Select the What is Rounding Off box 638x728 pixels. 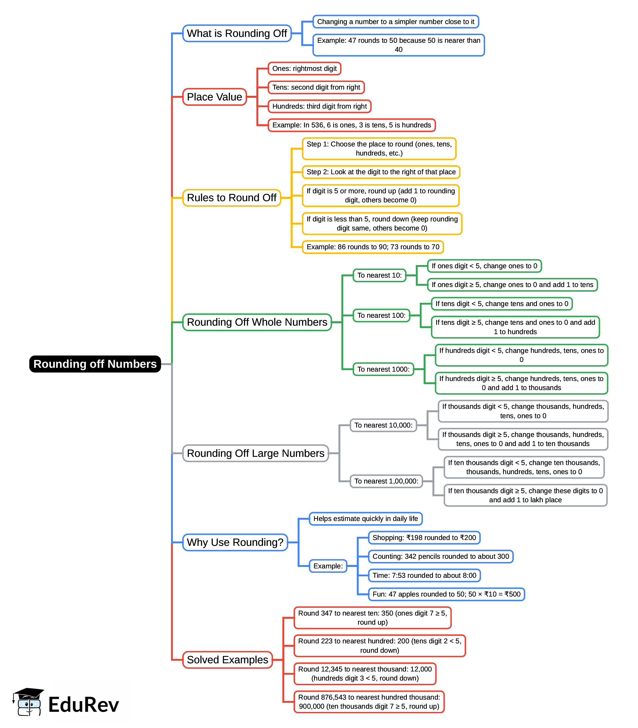237,33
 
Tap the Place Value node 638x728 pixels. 214,97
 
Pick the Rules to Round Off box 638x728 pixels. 231,198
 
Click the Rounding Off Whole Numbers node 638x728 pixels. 257,322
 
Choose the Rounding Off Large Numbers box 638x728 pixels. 255,453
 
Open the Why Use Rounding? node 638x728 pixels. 235,542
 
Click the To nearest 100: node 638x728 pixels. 381,315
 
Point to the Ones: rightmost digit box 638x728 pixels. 304,68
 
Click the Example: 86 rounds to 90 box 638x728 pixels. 373,247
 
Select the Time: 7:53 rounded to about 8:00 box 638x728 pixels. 424,575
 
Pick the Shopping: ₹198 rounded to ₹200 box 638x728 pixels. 424,538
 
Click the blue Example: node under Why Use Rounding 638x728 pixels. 328,566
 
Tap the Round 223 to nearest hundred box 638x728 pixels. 380,645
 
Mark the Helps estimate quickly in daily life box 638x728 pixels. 366,519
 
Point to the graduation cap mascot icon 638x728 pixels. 28,702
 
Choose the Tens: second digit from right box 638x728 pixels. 316,87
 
